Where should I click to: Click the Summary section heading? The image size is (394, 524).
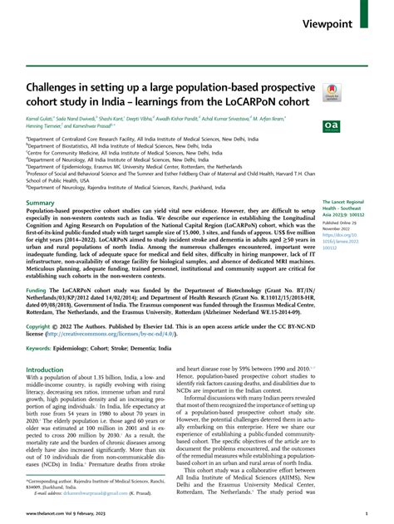tap(41, 203)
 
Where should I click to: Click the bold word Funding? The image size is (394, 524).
tap(39, 316)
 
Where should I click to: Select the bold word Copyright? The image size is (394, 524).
tap(42, 350)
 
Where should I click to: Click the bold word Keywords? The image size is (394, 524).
tap(43, 372)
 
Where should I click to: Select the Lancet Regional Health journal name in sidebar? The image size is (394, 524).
tap(342, 206)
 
